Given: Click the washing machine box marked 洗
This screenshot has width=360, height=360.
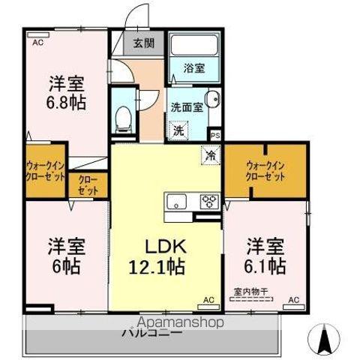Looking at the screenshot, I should coord(178,130).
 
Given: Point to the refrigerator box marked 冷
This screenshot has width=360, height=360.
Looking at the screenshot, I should coord(211,155).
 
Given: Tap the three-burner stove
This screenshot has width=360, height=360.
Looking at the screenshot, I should coord(208,201).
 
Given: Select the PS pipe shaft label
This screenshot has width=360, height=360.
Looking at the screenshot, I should coord(216,136).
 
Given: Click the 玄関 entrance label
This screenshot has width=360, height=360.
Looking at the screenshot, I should coord(145,43).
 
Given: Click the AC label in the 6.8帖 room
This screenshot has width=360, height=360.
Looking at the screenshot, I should coord(36,43).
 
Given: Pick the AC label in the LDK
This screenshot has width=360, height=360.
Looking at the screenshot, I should coord(208,301).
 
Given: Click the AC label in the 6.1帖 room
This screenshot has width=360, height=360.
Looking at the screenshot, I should coord(294,301).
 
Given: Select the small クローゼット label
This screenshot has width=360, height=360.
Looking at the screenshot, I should coord(88,184).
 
